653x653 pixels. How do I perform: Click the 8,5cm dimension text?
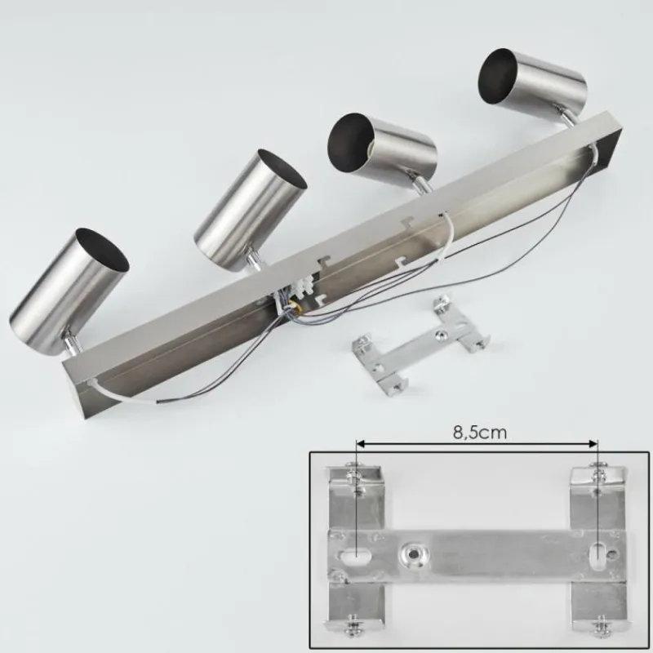(478, 433)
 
